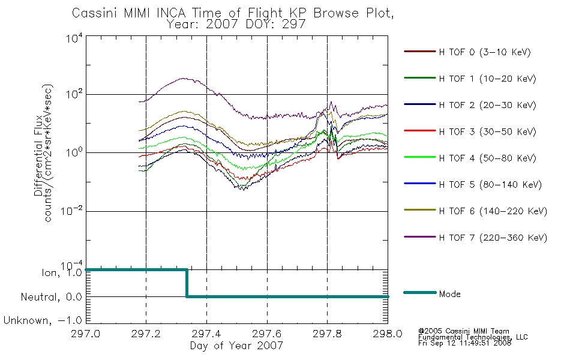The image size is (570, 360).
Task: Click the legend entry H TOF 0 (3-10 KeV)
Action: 467,52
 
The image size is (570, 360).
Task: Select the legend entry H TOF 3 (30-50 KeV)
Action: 470,131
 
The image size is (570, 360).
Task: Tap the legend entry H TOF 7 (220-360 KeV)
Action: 475,238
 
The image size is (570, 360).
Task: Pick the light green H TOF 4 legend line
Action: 420,157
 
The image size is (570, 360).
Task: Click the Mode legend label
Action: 449,294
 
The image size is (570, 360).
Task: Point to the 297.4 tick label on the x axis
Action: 206,334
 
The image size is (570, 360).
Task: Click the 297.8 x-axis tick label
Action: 327,334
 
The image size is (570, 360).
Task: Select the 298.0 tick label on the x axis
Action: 388,334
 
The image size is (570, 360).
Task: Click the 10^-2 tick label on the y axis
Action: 72,211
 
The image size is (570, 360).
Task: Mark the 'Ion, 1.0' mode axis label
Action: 62,272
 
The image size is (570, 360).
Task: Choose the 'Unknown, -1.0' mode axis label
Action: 43,320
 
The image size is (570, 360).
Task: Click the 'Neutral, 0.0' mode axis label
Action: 52,297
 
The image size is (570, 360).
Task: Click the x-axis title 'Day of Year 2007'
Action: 236,346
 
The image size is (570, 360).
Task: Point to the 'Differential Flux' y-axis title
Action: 38,155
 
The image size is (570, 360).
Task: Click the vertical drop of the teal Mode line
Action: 187,283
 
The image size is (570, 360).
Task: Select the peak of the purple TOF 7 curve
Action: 184,78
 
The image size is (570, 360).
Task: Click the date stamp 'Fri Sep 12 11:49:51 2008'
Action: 464,343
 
